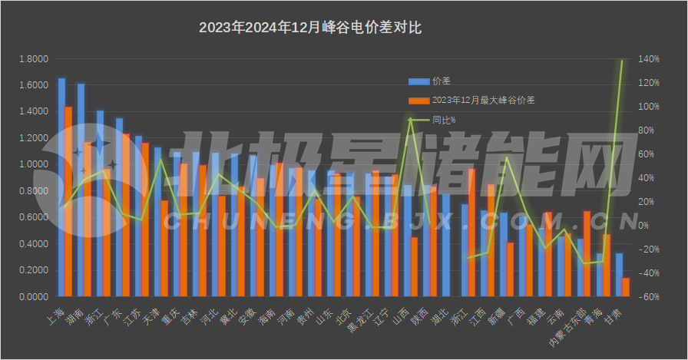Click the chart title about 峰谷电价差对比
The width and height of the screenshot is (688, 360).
pos(310,28)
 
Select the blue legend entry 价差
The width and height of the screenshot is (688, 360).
pos(441,81)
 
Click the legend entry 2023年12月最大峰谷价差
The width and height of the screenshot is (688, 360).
pos(483,101)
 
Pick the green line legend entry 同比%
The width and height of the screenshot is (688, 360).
pos(443,120)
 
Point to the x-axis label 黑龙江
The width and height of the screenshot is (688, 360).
pos(359,321)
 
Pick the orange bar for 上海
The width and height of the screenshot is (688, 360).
pos(68,202)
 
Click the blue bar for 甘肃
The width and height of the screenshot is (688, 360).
pos(619,275)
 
